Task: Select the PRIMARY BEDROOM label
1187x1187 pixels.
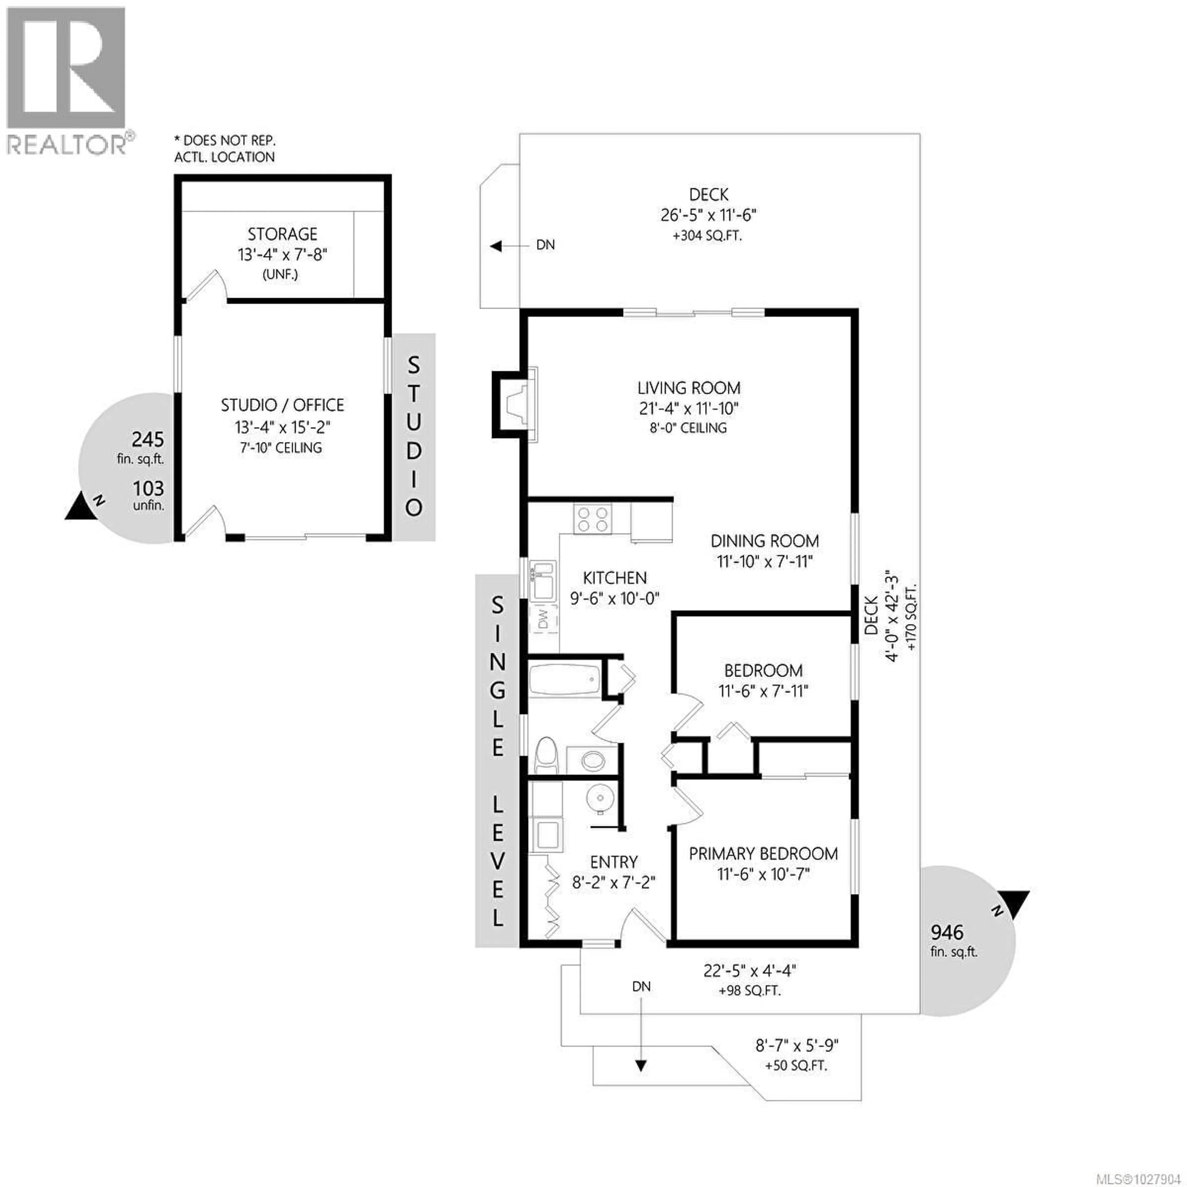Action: (x=763, y=854)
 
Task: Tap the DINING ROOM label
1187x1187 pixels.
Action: (x=764, y=541)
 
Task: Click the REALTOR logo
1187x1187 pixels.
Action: (x=68, y=80)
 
